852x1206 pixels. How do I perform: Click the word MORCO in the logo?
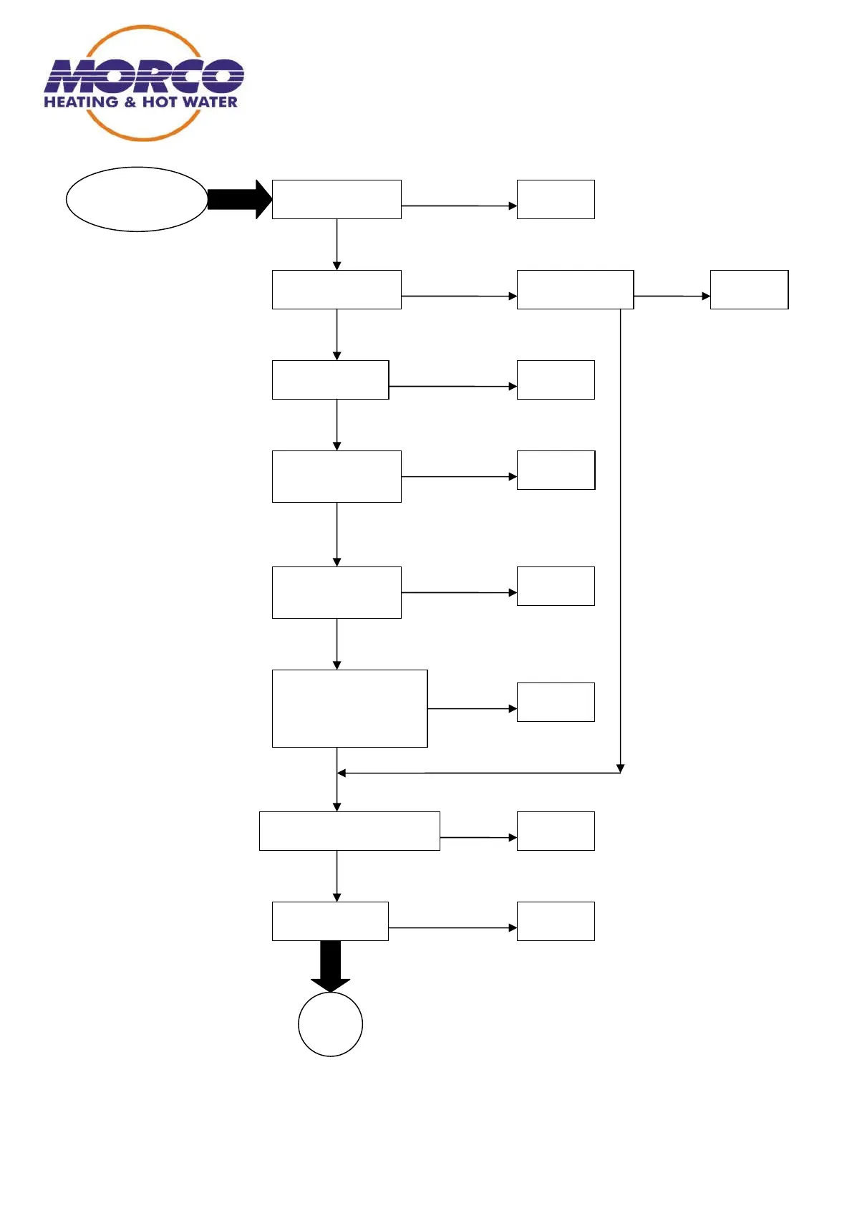[x=143, y=76]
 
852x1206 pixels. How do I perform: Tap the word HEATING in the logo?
[x=81, y=102]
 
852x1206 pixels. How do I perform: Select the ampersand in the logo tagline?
[x=130, y=102]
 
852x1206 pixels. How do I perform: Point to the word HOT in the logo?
[x=159, y=102]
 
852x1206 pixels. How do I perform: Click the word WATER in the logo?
[x=209, y=102]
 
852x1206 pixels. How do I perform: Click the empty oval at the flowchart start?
[x=136, y=199]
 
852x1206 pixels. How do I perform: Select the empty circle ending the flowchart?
[x=330, y=1024]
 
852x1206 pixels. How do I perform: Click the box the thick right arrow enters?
[x=337, y=199]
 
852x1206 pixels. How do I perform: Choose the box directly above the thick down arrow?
[x=330, y=921]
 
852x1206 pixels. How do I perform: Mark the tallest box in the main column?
[x=349, y=708]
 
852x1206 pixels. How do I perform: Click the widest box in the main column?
[x=349, y=831]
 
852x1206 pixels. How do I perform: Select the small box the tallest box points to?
[x=556, y=702]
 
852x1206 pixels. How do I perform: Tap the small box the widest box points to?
[x=556, y=831]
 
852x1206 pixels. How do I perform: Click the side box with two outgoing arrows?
[x=575, y=289]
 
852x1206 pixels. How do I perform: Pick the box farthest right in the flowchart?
[x=749, y=289]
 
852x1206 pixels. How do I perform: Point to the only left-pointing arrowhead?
[x=342, y=773]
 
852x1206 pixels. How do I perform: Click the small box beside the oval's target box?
[x=556, y=199]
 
